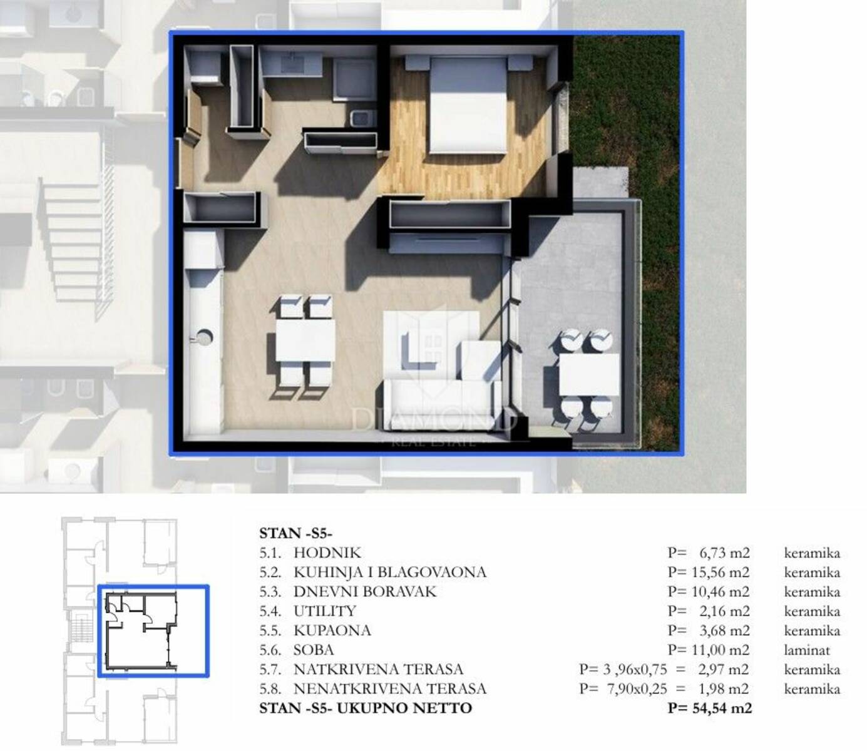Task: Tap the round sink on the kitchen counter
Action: tap(204, 336)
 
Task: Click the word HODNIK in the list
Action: tap(327, 553)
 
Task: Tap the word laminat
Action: tap(807, 650)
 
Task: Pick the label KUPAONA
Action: tap(332, 631)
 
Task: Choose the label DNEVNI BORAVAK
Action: tap(365, 591)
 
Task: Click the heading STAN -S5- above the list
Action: tap(295, 533)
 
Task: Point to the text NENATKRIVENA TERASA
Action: tap(390, 688)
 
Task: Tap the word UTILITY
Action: tap(325, 611)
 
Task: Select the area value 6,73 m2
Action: tap(724, 553)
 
